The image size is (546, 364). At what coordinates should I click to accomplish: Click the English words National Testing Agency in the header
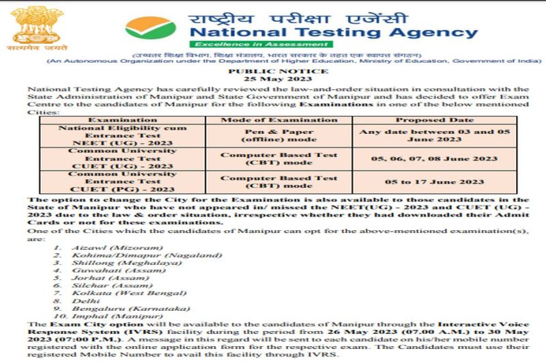333,31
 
